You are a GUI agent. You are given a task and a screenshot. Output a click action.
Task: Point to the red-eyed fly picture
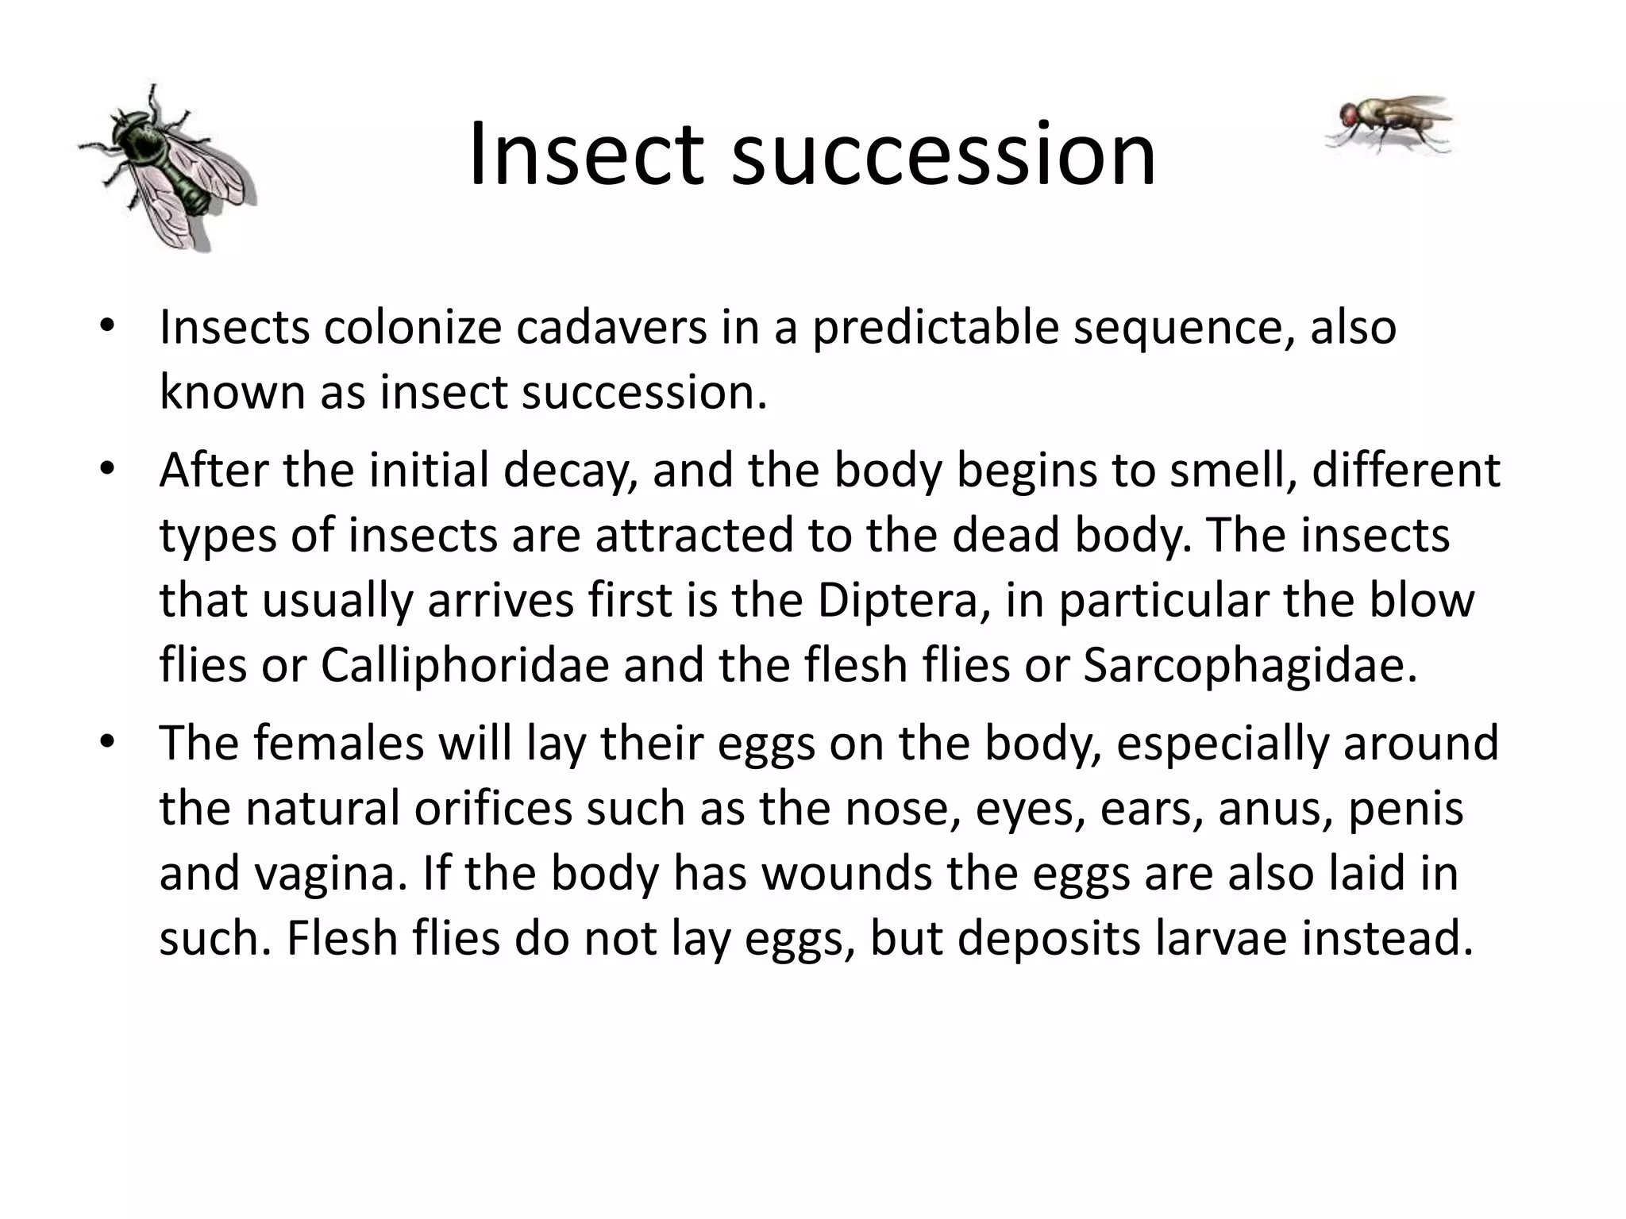(1388, 123)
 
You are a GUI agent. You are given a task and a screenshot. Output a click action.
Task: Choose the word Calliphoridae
(464, 665)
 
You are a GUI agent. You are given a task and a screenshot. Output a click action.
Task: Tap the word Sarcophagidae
(1250, 665)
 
